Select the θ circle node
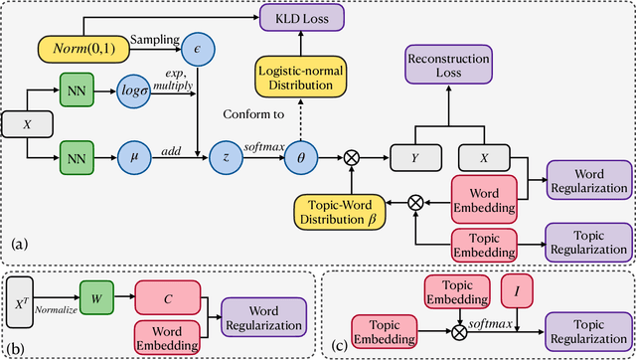(x=300, y=155)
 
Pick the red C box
(x=169, y=296)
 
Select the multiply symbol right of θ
(x=351, y=156)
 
